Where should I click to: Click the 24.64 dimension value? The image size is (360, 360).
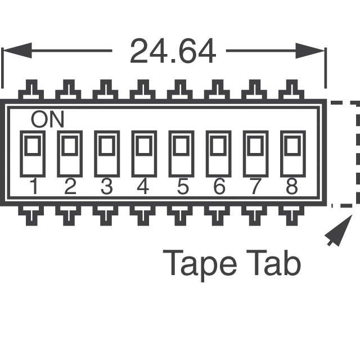(x=173, y=51)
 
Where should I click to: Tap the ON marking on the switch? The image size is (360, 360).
(x=47, y=119)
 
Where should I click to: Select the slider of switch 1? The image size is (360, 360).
(x=33, y=145)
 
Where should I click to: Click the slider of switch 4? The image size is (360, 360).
(x=144, y=145)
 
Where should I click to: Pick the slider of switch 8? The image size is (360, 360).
(x=293, y=145)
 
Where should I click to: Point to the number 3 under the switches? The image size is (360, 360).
(x=107, y=186)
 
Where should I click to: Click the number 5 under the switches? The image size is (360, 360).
(x=183, y=186)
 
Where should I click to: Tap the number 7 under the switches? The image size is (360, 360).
(x=255, y=186)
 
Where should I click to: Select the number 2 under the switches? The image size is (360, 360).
(x=70, y=186)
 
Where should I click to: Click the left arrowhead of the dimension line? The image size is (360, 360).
(x=17, y=51)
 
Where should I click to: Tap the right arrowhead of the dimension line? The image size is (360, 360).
(x=310, y=51)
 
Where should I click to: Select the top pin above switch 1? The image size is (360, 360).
(x=31, y=89)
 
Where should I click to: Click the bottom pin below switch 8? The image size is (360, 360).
(x=291, y=215)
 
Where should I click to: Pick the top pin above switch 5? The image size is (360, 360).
(x=180, y=89)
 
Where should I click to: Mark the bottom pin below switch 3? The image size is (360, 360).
(x=106, y=215)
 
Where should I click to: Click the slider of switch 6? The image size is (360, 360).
(x=219, y=145)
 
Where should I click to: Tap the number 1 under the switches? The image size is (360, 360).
(x=34, y=186)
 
